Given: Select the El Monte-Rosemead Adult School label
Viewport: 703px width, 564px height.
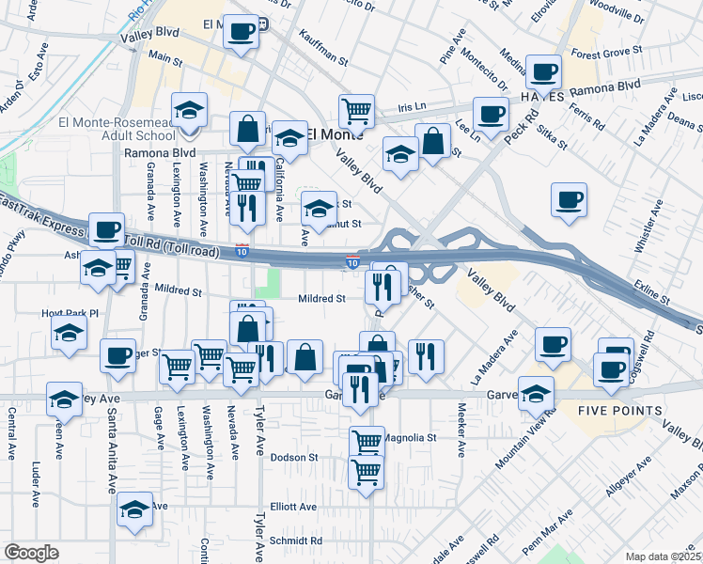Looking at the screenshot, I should (117, 128).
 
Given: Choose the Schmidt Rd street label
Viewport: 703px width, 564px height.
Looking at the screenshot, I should (297, 540).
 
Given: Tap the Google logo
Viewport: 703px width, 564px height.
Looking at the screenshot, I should (31, 553).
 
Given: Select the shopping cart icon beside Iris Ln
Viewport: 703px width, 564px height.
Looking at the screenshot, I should (356, 111).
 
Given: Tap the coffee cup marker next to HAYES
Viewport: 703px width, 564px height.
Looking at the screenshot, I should (543, 70).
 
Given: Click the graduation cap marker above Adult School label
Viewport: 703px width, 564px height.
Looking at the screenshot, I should (189, 109).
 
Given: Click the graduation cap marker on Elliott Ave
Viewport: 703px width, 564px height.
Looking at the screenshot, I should (134, 510).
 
